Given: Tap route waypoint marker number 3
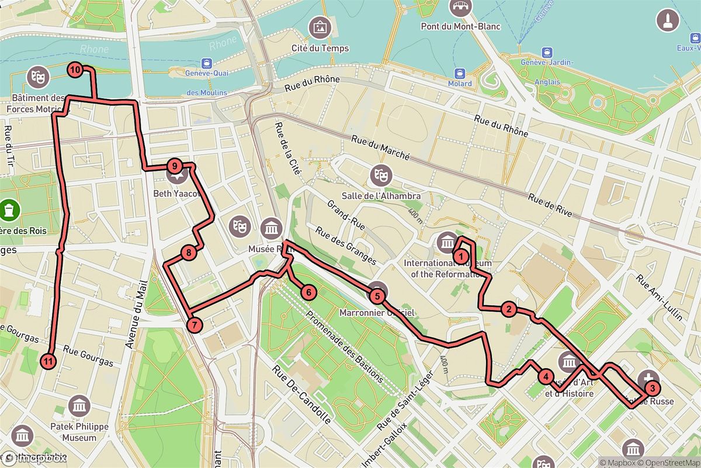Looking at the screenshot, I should (x=652, y=386).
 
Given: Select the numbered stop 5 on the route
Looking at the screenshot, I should (x=377, y=296).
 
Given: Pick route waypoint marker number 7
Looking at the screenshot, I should (x=195, y=324).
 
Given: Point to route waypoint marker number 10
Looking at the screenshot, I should (x=75, y=70).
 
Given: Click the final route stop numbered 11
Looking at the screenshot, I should (x=48, y=361).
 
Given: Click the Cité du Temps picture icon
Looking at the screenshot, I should (x=320, y=27).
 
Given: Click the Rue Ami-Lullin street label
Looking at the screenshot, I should (x=660, y=298).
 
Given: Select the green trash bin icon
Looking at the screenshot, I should (x=9, y=208).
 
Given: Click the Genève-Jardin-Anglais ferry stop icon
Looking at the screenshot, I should (x=547, y=53).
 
